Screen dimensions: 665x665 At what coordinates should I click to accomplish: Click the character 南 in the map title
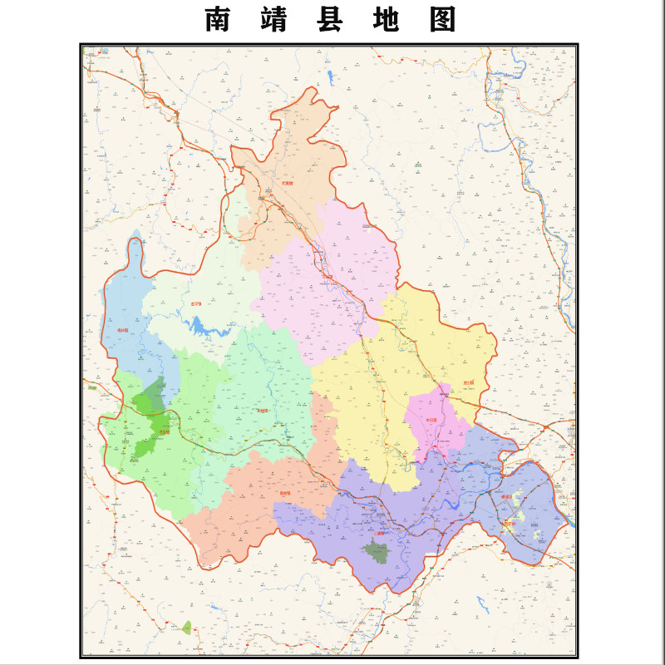[218, 20]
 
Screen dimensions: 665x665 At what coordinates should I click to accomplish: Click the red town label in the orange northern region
[288, 183]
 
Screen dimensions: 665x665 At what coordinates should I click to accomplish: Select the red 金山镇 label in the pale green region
[196, 303]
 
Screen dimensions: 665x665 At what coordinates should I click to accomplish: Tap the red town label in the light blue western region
[123, 330]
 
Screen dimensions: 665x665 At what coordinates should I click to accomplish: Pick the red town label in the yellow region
[469, 383]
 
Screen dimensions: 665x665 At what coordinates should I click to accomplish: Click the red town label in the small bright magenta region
[431, 421]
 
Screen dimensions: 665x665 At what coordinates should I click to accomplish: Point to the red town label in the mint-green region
[263, 410]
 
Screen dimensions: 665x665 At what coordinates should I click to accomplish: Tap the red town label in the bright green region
[164, 431]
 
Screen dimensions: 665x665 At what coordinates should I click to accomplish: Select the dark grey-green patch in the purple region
[378, 551]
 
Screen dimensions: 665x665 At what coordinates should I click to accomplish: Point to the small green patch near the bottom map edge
[187, 628]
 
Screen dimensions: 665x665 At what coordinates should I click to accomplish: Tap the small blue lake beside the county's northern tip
[331, 80]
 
